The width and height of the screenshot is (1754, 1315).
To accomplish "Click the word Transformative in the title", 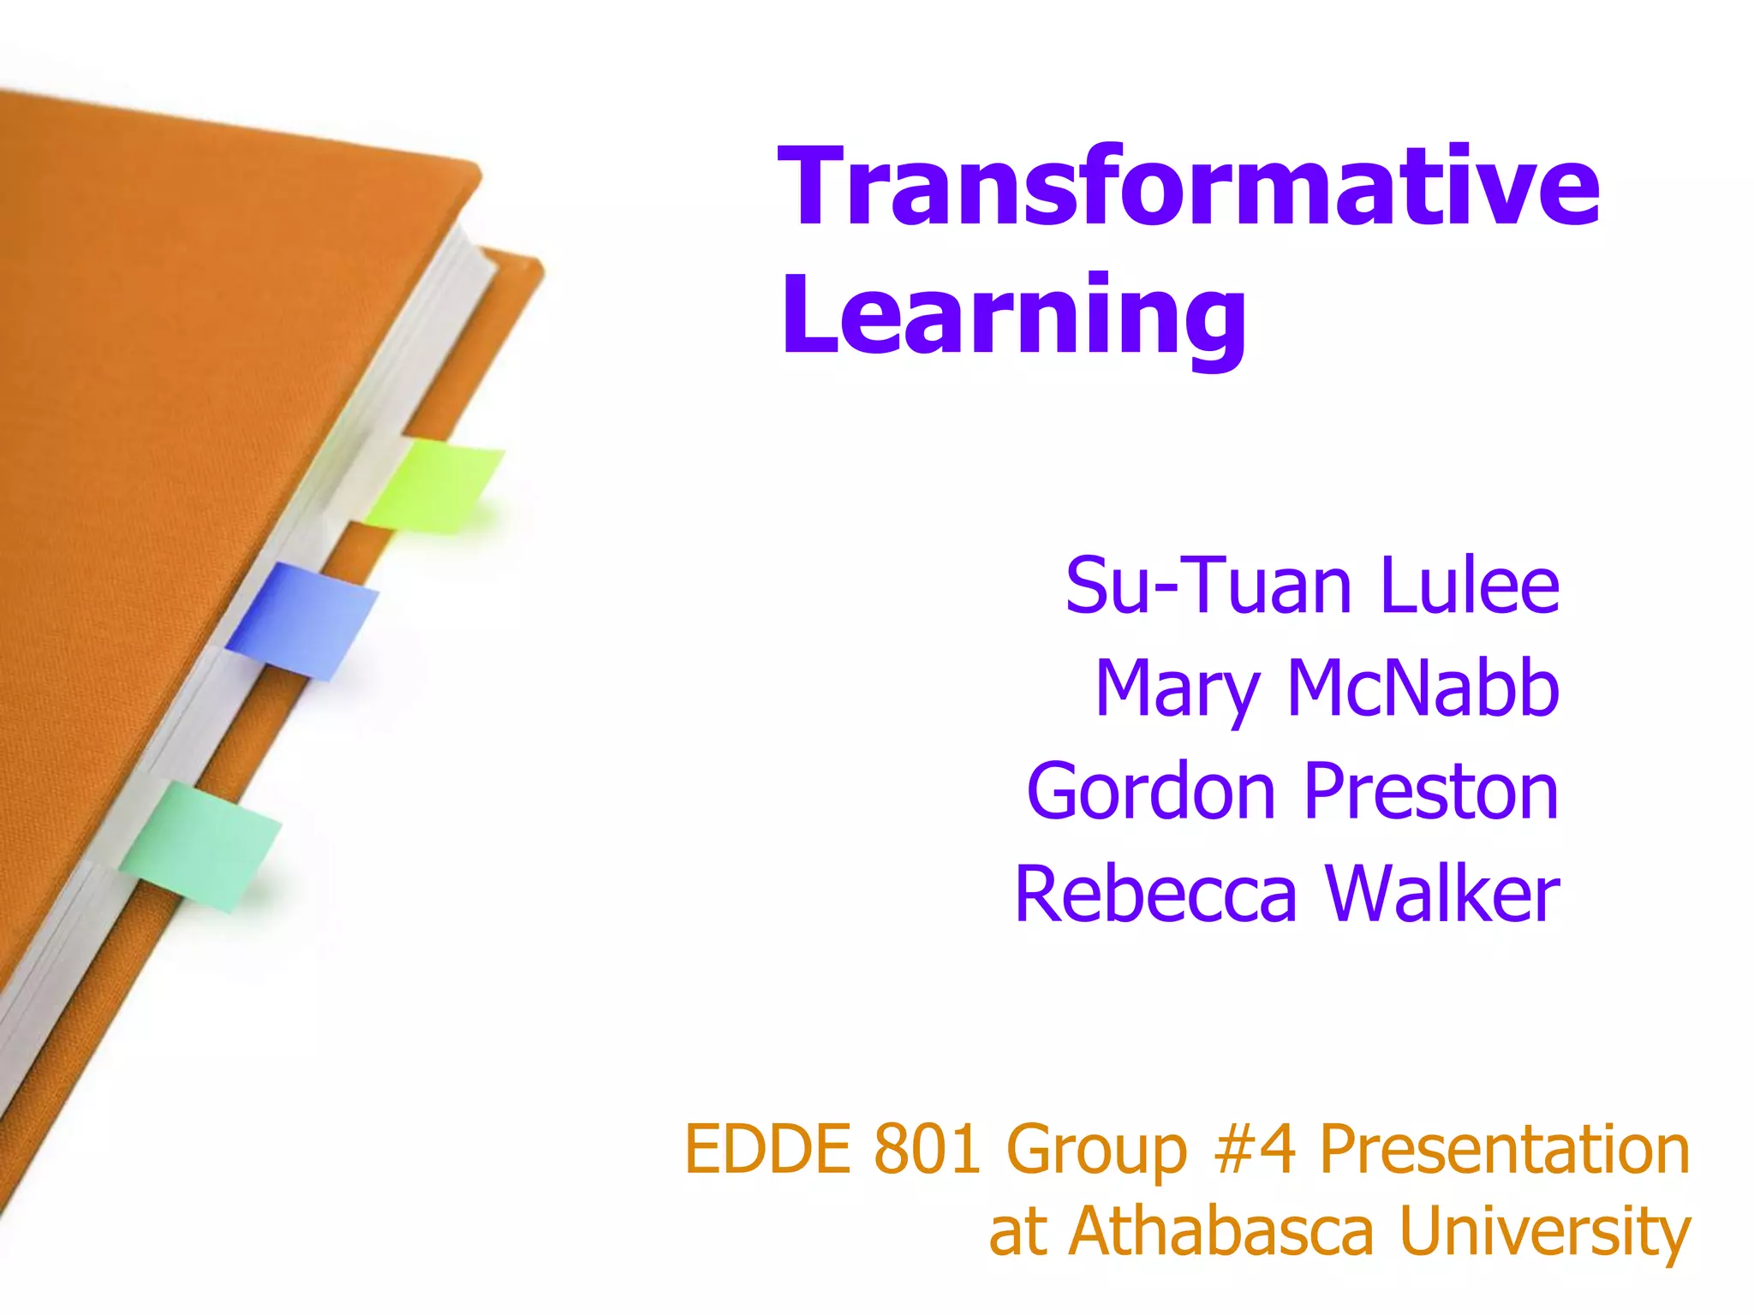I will (x=1188, y=186).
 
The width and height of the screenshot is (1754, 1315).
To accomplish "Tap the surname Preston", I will (x=1431, y=791).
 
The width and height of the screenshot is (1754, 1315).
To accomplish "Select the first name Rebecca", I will (x=1155, y=894).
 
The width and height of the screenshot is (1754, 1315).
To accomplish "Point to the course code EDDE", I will (x=767, y=1149).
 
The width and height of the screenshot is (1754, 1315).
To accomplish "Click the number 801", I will (x=927, y=1149).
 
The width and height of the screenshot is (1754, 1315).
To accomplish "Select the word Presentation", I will (x=1505, y=1149).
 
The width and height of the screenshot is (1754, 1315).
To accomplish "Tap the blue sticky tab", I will (x=301, y=621).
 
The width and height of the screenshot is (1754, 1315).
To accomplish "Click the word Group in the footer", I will (x=1097, y=1151).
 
